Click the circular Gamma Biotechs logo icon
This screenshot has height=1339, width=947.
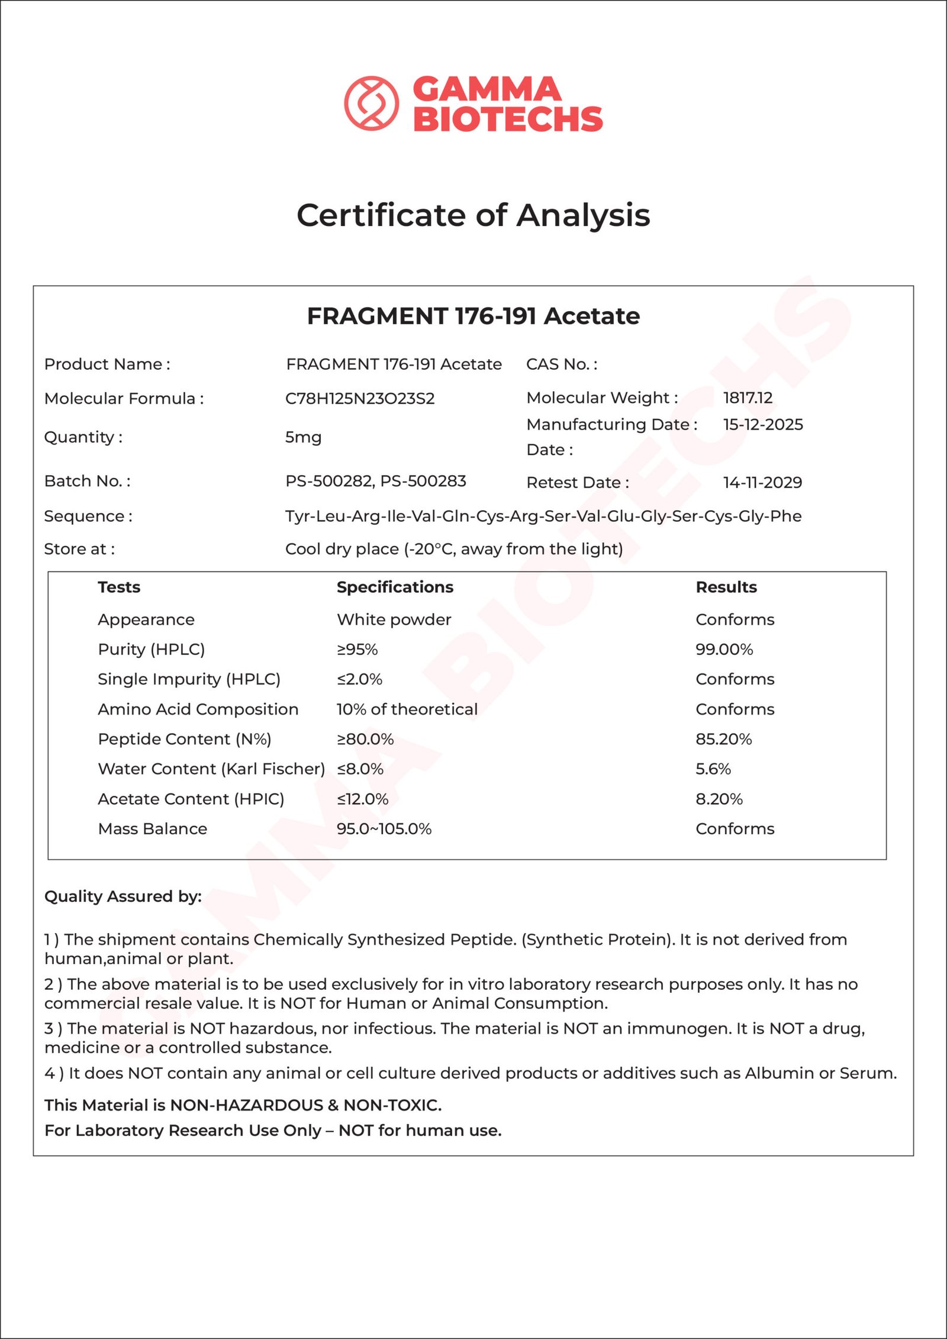[x=371, y=103]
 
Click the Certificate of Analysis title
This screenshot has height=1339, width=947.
[x=473, y=215]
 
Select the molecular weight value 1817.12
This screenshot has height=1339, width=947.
[x=748, y=398]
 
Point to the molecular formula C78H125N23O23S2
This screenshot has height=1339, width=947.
[x=360, y=398]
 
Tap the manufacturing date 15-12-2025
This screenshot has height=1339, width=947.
[x=763, y=424]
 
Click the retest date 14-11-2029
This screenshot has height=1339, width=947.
[x=762, y=482]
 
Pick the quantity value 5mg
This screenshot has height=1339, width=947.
[x=303, y=437]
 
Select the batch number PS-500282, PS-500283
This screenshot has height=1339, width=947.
[x=375, y=481]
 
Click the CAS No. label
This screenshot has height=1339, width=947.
[x=562, y=364]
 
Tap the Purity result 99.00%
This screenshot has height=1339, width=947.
[x=724, y=649]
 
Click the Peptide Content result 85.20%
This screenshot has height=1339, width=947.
[x=723, y=739]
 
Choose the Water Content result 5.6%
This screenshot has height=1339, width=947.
[x=713, y=769]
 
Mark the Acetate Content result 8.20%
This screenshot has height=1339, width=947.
[x=719, y=799]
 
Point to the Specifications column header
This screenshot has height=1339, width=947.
[x=395, y=587]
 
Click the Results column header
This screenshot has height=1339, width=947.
[x=726, y=587]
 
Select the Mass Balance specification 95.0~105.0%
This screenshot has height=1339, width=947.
[x=384, y=828]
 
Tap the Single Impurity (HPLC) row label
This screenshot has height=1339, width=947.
[x=189, y=679]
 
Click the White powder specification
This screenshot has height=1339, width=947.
[x=394, y=620]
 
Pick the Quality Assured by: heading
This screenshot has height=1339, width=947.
[x=123, y=896]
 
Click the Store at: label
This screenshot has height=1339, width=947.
[x=79, y=549]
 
